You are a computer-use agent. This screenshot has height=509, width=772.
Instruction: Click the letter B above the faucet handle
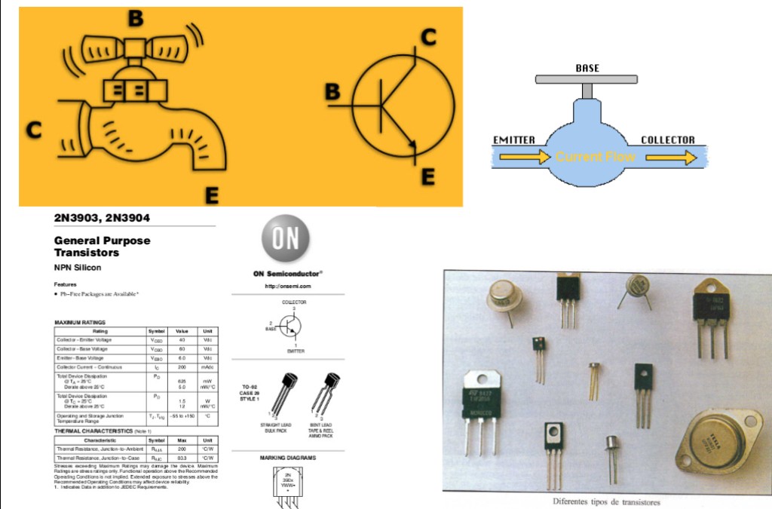tap(136, 20)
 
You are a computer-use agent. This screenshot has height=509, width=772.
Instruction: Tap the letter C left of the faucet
tap(33, 130)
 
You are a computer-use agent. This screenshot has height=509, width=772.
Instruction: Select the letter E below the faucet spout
tap(212, 196)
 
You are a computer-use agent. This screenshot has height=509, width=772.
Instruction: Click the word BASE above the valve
tap(587, 68)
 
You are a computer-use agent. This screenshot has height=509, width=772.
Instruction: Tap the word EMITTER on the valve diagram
tap(513, 140)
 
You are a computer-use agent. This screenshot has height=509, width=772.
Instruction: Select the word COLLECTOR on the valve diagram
tap(667, 140)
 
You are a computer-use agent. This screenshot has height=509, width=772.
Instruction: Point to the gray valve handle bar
tap(587, 79)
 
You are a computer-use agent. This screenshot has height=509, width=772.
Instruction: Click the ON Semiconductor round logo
tap(286, 239)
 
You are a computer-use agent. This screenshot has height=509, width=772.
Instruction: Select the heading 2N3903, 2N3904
tap(102, 219)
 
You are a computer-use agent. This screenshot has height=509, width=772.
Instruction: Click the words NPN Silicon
tap(78, 267)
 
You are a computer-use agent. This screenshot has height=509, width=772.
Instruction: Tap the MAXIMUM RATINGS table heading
tap(80, 323)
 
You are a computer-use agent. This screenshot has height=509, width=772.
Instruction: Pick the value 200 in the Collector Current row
tap(182, 366)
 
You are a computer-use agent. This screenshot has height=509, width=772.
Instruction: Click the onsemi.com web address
tap(288, 287)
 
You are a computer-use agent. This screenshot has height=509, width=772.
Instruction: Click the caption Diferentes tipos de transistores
tap(606, 501)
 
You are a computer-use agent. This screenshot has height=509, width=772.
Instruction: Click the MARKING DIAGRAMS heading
tap(288, 458)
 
